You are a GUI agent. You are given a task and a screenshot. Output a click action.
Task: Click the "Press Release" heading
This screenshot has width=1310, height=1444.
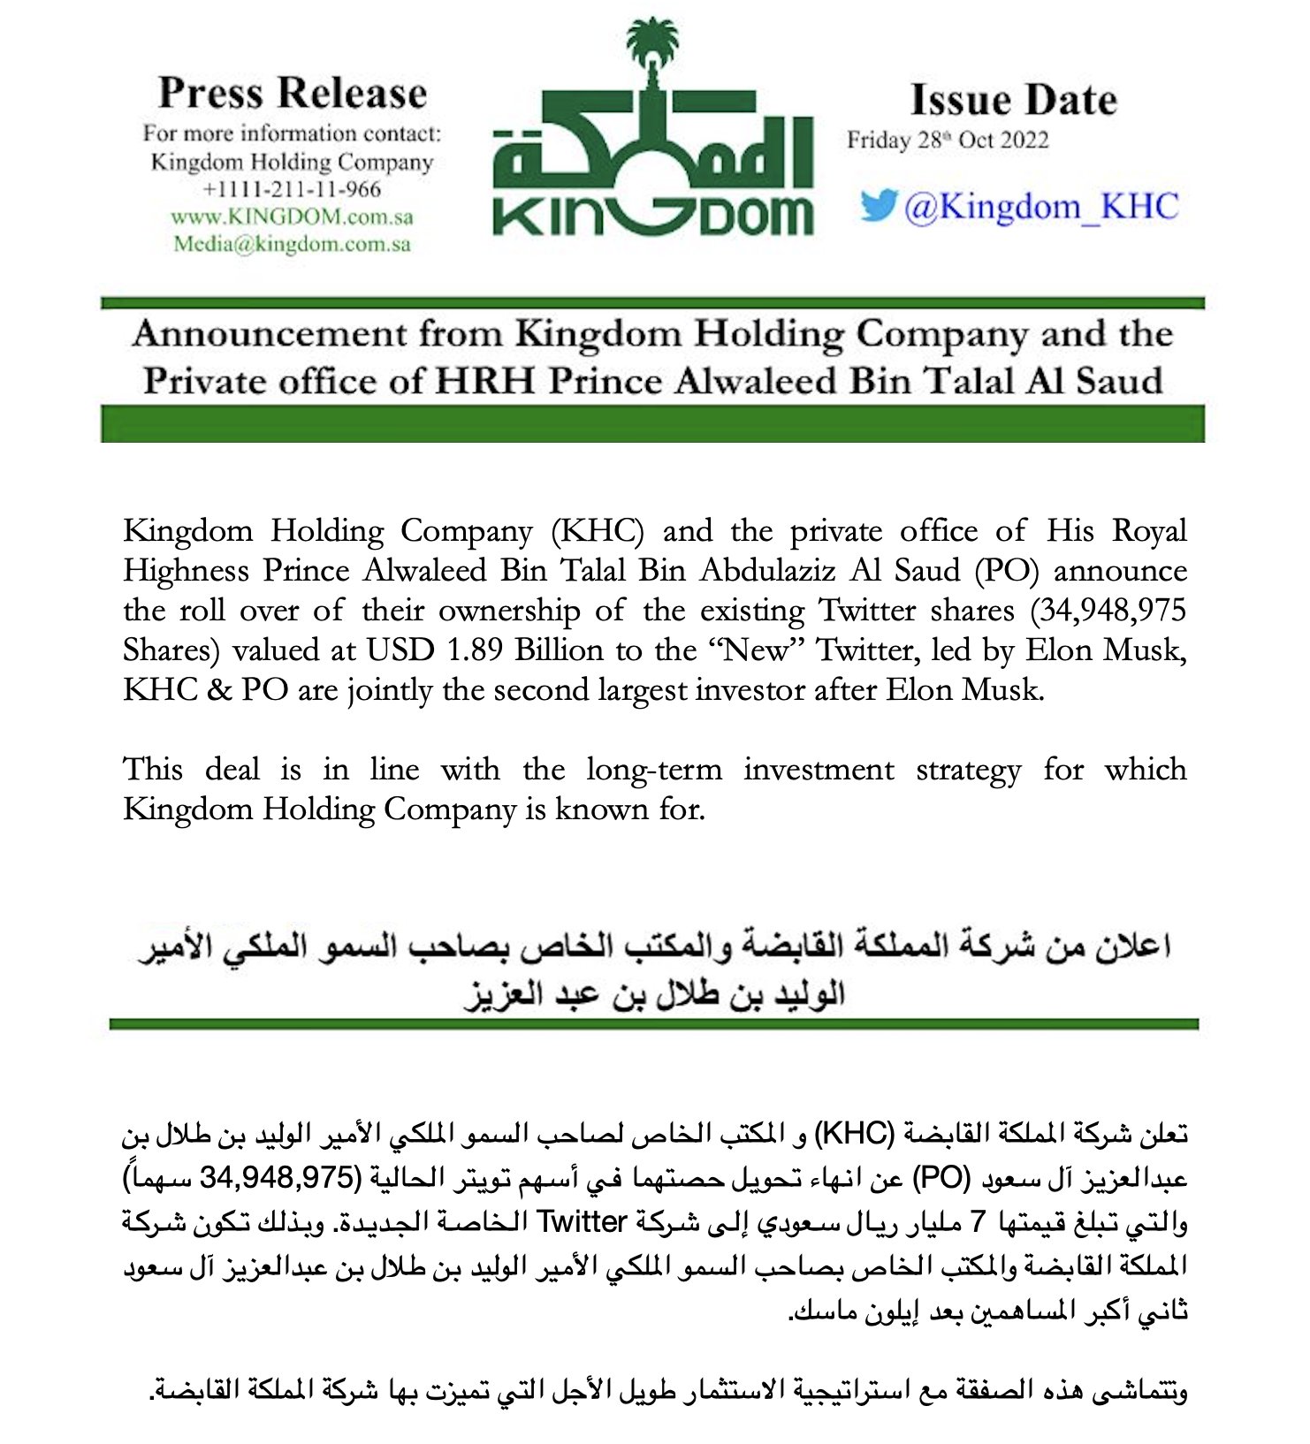point(293,93)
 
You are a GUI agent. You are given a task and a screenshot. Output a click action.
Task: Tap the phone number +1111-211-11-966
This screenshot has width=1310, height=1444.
point(292,189)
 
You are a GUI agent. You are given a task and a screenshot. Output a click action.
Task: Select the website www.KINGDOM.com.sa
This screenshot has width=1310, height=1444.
point(292,217)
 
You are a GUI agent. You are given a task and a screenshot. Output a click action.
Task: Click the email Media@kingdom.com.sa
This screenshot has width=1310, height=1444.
point(292,244)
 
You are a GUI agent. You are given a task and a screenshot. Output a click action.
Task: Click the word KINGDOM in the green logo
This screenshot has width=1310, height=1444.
point(652,216)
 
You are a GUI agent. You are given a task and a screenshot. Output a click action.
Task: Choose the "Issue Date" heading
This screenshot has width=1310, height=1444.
point(1013,100)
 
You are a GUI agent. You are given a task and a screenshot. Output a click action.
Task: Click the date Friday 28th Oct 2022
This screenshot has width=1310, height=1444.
point(948,141)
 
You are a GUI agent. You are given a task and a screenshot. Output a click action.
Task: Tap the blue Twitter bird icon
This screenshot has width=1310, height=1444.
point(878,206)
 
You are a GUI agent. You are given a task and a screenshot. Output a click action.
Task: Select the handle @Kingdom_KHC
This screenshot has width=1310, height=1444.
point(1041,207)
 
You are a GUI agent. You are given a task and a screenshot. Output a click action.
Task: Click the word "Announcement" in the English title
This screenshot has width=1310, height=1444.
point(270,335)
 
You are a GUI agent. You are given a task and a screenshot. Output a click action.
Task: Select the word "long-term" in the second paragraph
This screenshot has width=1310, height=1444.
point(654,770)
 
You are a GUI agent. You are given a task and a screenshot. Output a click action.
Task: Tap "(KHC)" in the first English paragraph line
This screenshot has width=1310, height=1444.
point(597,531)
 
